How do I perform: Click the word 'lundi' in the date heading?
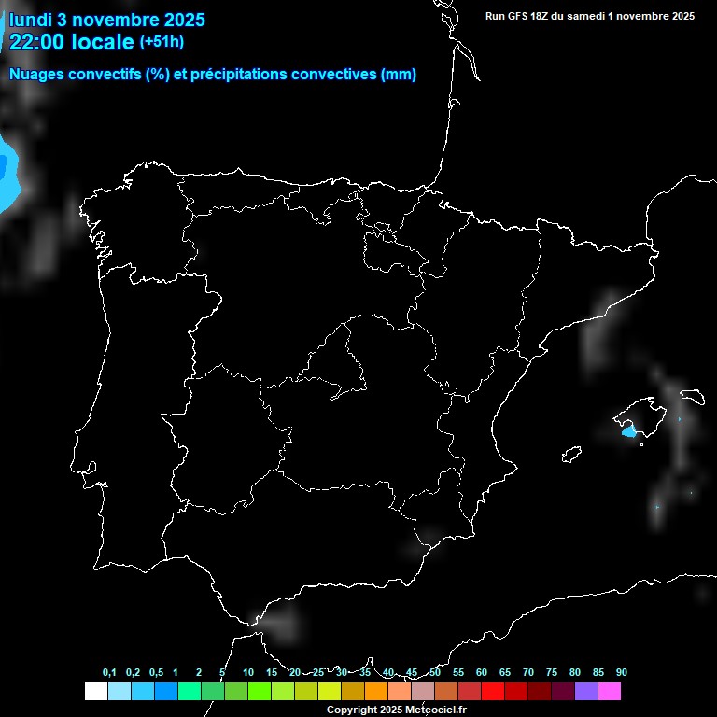[x=31, y=20]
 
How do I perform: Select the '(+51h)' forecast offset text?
[x=162, y=41]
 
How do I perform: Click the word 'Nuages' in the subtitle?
[x=36, y=75]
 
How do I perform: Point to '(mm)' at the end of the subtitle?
[x=399, y=75]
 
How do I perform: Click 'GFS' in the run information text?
[x=521, y=16]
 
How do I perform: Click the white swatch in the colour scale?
[x=95, y=691]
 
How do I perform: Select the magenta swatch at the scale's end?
[x=610, y=691]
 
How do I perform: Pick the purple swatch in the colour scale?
[x=586, y=691]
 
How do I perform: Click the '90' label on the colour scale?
[x=622, y=672]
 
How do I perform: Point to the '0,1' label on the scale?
[x=109, y=672]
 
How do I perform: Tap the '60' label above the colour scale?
[x=482, y=672]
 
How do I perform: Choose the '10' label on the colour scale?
[x=247, y=672]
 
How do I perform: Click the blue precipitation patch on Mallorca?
[x=628, y=431]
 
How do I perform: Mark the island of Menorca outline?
[x=692, y=396]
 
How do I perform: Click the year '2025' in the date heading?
[x=184, y=20]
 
